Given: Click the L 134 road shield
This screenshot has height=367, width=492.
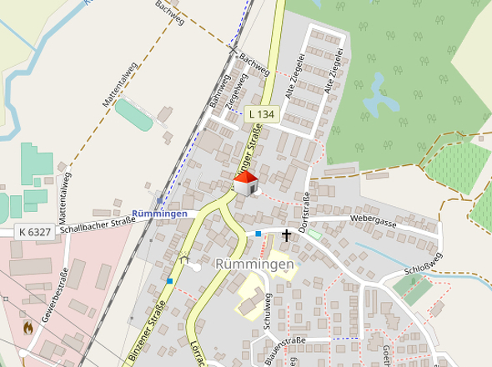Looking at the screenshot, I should pyautogui.click(x=261, y=113).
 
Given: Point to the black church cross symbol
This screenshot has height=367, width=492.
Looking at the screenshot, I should pyautogui.click(x=287, y=234).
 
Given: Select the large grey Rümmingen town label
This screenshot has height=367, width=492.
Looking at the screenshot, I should pyautogui.click(x=254, y=264).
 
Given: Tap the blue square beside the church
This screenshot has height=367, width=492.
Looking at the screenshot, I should pyautogui.click(x=259, y=234).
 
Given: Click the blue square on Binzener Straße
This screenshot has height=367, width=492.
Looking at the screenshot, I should pyautogui.click(x=170, y=281).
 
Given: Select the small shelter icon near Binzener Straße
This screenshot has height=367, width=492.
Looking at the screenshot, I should pyautogui.click(x=183, y=259).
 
